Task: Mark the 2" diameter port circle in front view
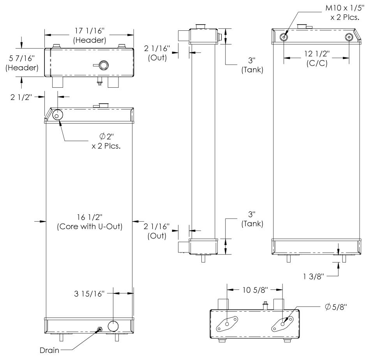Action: click(x=58, y=115)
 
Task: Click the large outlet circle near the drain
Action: click(x=113, y=326)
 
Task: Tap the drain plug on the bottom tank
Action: click(x=100, y=330)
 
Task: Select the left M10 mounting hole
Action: click(x=284, y=37)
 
